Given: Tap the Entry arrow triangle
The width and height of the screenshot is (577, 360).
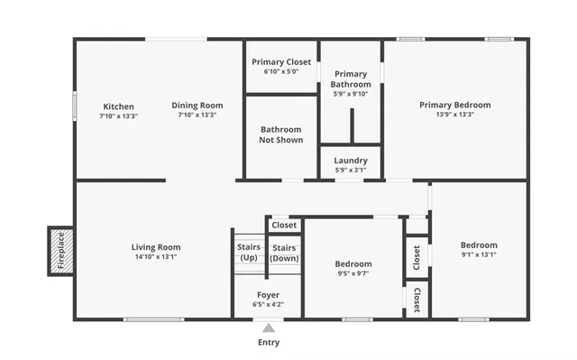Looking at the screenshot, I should click(x=268, y=328).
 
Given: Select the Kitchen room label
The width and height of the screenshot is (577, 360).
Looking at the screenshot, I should click(x=119, y=106).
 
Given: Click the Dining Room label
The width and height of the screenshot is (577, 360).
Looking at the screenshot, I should click(x=197, y=106).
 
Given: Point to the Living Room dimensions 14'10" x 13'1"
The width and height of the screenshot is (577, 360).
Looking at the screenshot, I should click(x=156, y=256).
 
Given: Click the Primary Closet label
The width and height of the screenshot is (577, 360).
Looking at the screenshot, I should click(x=281, y=61).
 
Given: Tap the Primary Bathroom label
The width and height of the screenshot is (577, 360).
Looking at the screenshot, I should click(x=351, y=79).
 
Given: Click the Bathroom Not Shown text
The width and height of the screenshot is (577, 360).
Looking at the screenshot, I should click(x=280, y=134).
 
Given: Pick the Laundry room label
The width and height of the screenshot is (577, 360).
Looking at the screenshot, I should click(x=351, y=160).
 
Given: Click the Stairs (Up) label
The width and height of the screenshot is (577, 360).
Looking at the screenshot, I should click(x=248, y=252).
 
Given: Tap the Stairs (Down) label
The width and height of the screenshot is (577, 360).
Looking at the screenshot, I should click(x=284, y=252).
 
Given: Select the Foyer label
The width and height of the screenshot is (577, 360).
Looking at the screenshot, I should click(x=268, y=295).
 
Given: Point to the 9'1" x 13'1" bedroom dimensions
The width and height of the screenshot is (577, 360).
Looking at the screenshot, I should click(x=479, y=254).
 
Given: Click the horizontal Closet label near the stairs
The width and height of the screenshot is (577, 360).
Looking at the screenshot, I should click(x=284, y=226).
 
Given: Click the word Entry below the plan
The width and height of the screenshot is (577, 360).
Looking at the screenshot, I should click(x=269, y=343).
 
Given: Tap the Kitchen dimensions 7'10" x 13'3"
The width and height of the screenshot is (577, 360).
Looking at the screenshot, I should click(x=119, y=115).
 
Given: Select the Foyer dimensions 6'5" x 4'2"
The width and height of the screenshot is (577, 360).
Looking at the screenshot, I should click(x=268, y=305).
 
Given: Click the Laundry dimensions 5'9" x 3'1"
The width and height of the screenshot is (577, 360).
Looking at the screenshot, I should click(x=351, y=170).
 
